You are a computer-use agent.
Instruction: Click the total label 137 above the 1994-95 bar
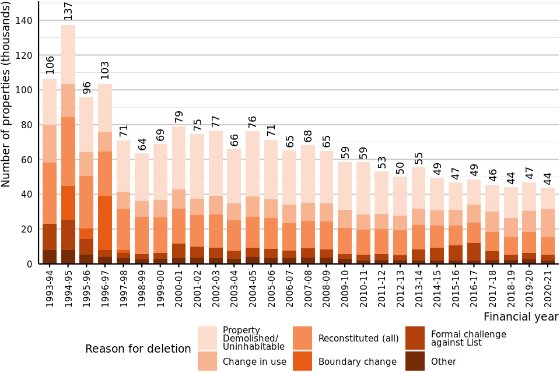point(68,11)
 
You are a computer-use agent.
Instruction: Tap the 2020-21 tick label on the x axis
point(548,286)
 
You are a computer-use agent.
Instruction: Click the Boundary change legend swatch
point(302,361)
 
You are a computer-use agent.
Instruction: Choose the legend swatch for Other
point(415,361)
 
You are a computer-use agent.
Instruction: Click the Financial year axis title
point(520,317)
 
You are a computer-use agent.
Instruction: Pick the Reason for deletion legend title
point(138,349)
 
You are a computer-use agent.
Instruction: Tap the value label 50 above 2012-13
point(400,168)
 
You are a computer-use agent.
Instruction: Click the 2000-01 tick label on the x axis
point(178,286)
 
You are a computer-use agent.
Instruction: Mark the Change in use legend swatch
point(207,361)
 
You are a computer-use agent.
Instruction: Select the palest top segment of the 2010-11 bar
point(363,188)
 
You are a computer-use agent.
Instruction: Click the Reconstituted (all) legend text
point(358,338)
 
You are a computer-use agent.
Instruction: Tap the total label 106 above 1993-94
point(50,65)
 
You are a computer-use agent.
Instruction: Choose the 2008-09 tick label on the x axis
point(326,286)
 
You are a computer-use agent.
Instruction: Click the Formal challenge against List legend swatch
point(415,338)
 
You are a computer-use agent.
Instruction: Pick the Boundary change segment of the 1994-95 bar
point(68,203)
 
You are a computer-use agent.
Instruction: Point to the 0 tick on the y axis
point(30,264)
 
